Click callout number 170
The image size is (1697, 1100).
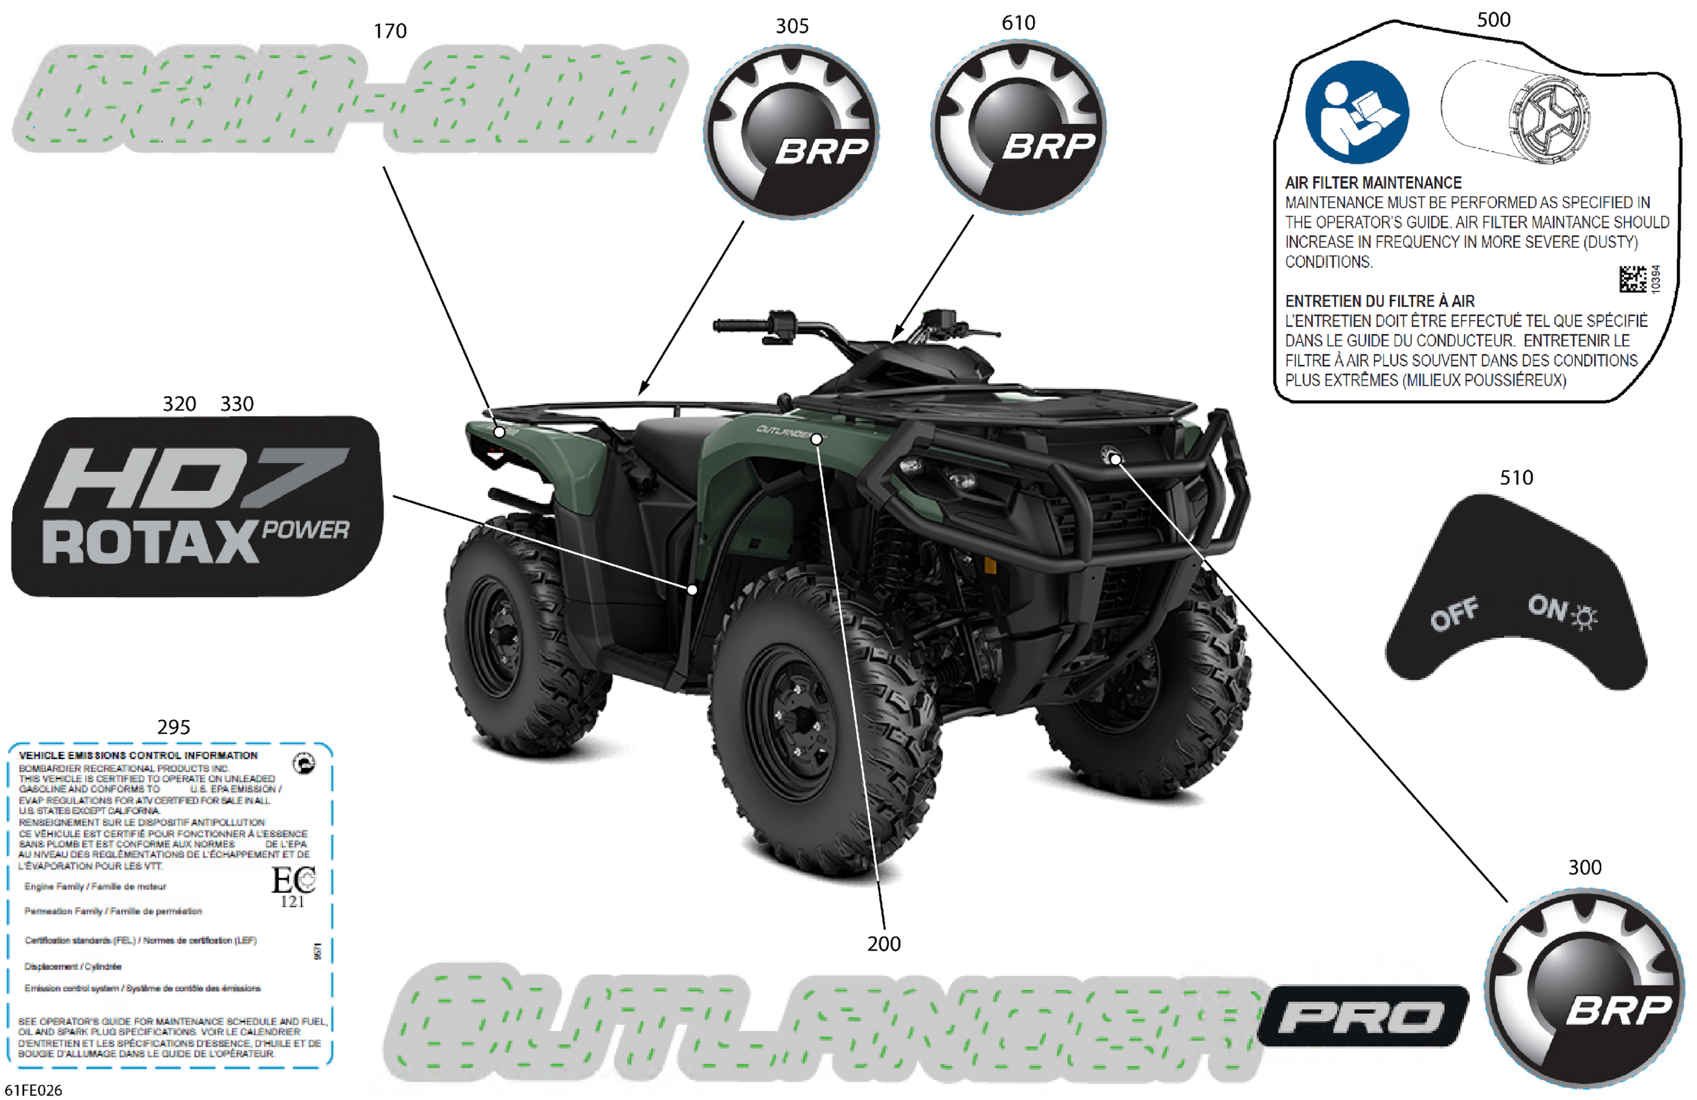390,31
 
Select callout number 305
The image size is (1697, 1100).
792,27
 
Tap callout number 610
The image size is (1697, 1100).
1018,23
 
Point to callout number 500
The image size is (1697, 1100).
1493,19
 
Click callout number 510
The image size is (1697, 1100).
1516,477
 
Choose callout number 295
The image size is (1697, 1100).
173,727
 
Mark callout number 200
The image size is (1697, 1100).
883,943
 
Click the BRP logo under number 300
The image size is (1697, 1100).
1584,987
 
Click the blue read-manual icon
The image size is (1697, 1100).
1356,112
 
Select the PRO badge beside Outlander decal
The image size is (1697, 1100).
1362,1016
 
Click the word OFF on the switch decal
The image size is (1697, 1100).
1453,614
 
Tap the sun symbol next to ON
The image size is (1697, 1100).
1585,617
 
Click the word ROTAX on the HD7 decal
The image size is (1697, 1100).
149,542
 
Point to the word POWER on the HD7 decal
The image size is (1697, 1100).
305,530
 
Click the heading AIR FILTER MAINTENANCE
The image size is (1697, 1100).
1373,182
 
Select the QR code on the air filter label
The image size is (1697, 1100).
1632,279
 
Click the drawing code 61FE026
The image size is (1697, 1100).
34,1090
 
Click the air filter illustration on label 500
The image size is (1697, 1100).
1515,113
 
